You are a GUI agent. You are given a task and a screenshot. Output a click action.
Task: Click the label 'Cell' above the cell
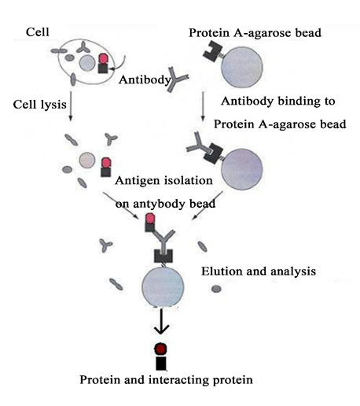pyautogui.click(x=37, y=32)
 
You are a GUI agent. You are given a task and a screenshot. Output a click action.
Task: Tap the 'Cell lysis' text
pyautogui.click(x=39, y=105)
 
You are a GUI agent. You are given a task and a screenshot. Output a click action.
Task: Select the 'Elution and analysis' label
pyautogui.click(x=259, y=271)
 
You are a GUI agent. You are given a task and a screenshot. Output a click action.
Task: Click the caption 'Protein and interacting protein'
pyautogui.click(x=166, y=380)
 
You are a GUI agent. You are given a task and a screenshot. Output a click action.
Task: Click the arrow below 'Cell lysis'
pyautogui.click(x=70, y=106)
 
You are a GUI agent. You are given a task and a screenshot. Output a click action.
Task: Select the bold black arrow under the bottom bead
pyautogui.click(x=161, y=322)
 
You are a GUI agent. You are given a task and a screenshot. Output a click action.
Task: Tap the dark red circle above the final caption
pyautogui.click(x=160, y=349)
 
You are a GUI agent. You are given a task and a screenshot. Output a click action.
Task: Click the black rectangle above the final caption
pyautogui.click(x=161, y=364)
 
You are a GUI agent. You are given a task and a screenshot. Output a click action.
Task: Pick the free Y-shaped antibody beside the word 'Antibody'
pyautogui.click(x=176, y=79)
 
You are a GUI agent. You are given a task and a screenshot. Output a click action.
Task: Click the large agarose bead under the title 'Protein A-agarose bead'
pyautogui.click(x=241, y=68)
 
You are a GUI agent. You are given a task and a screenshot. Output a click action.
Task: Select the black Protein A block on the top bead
pyautogui.click(x=212, y=51)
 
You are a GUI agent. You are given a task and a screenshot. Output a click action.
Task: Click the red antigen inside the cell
pyautogui.click(x=103, y=58)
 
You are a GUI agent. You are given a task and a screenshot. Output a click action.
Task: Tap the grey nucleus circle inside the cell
pyautogui.click(x=87, y=63)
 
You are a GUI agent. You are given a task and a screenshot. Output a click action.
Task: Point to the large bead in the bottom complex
pyautogui.click(x=163, y=286)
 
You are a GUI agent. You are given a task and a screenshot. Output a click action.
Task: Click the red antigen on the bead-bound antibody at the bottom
pyautogui.click(x=150, y=219)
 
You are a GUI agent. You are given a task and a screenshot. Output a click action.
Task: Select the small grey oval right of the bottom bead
pyautogui.click(x=216, y=289)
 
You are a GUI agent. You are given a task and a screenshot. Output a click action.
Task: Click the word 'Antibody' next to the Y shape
pyautogui.click(x=145, y=79)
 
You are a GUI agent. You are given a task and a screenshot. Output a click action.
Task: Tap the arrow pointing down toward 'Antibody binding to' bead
pyautogui.click(x=203, y=106)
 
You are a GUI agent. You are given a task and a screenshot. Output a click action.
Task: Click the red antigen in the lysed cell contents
pyautogui.click(x=106, y=163)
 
